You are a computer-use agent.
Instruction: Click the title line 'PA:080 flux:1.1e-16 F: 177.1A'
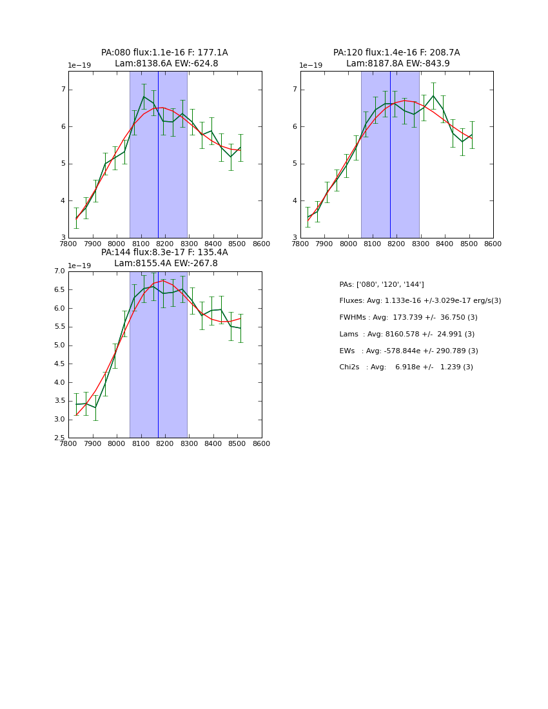pyautogui.click(x=164, y=53)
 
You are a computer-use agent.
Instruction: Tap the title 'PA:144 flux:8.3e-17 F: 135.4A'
pyautogui.click(x=164, y=253)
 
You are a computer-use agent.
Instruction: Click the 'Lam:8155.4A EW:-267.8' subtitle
pyautogui.click(x=166, y=264)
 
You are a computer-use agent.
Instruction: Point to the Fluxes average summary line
pyautogui.click(x=420, y=301)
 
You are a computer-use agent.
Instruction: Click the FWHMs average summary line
pyautogui.click(x=408, y=318)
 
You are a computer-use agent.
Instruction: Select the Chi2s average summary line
pyautogui.click(x=406, y=367)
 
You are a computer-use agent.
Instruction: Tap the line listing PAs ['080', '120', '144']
pyautogui.click(x=382, y=284)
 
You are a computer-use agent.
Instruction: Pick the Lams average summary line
pyautogui.click(x=407, y=335)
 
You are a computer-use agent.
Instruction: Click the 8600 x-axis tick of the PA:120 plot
pyautogui.click(x=493, y=244)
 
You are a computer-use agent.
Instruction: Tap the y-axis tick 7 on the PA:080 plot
pyautogui.click(x=63, y=90)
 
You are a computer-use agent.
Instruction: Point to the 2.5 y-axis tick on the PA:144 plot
pyautogui.click(x=59, y=438)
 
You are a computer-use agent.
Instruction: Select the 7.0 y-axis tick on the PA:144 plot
pyautogui.click(x=59, y=271)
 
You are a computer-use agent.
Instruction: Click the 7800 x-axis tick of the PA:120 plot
pyautogui.click(x=300, y=244)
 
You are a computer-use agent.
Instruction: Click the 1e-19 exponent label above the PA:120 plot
pyautogui.click(x=311, y=66)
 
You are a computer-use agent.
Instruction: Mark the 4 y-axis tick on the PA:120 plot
pyautogui.click(x=295, y=201)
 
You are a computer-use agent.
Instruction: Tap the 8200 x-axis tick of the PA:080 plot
pyautogui.click(x=165, y=244)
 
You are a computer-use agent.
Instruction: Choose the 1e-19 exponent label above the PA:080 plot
pyautogui.click(x=79, y=66)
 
